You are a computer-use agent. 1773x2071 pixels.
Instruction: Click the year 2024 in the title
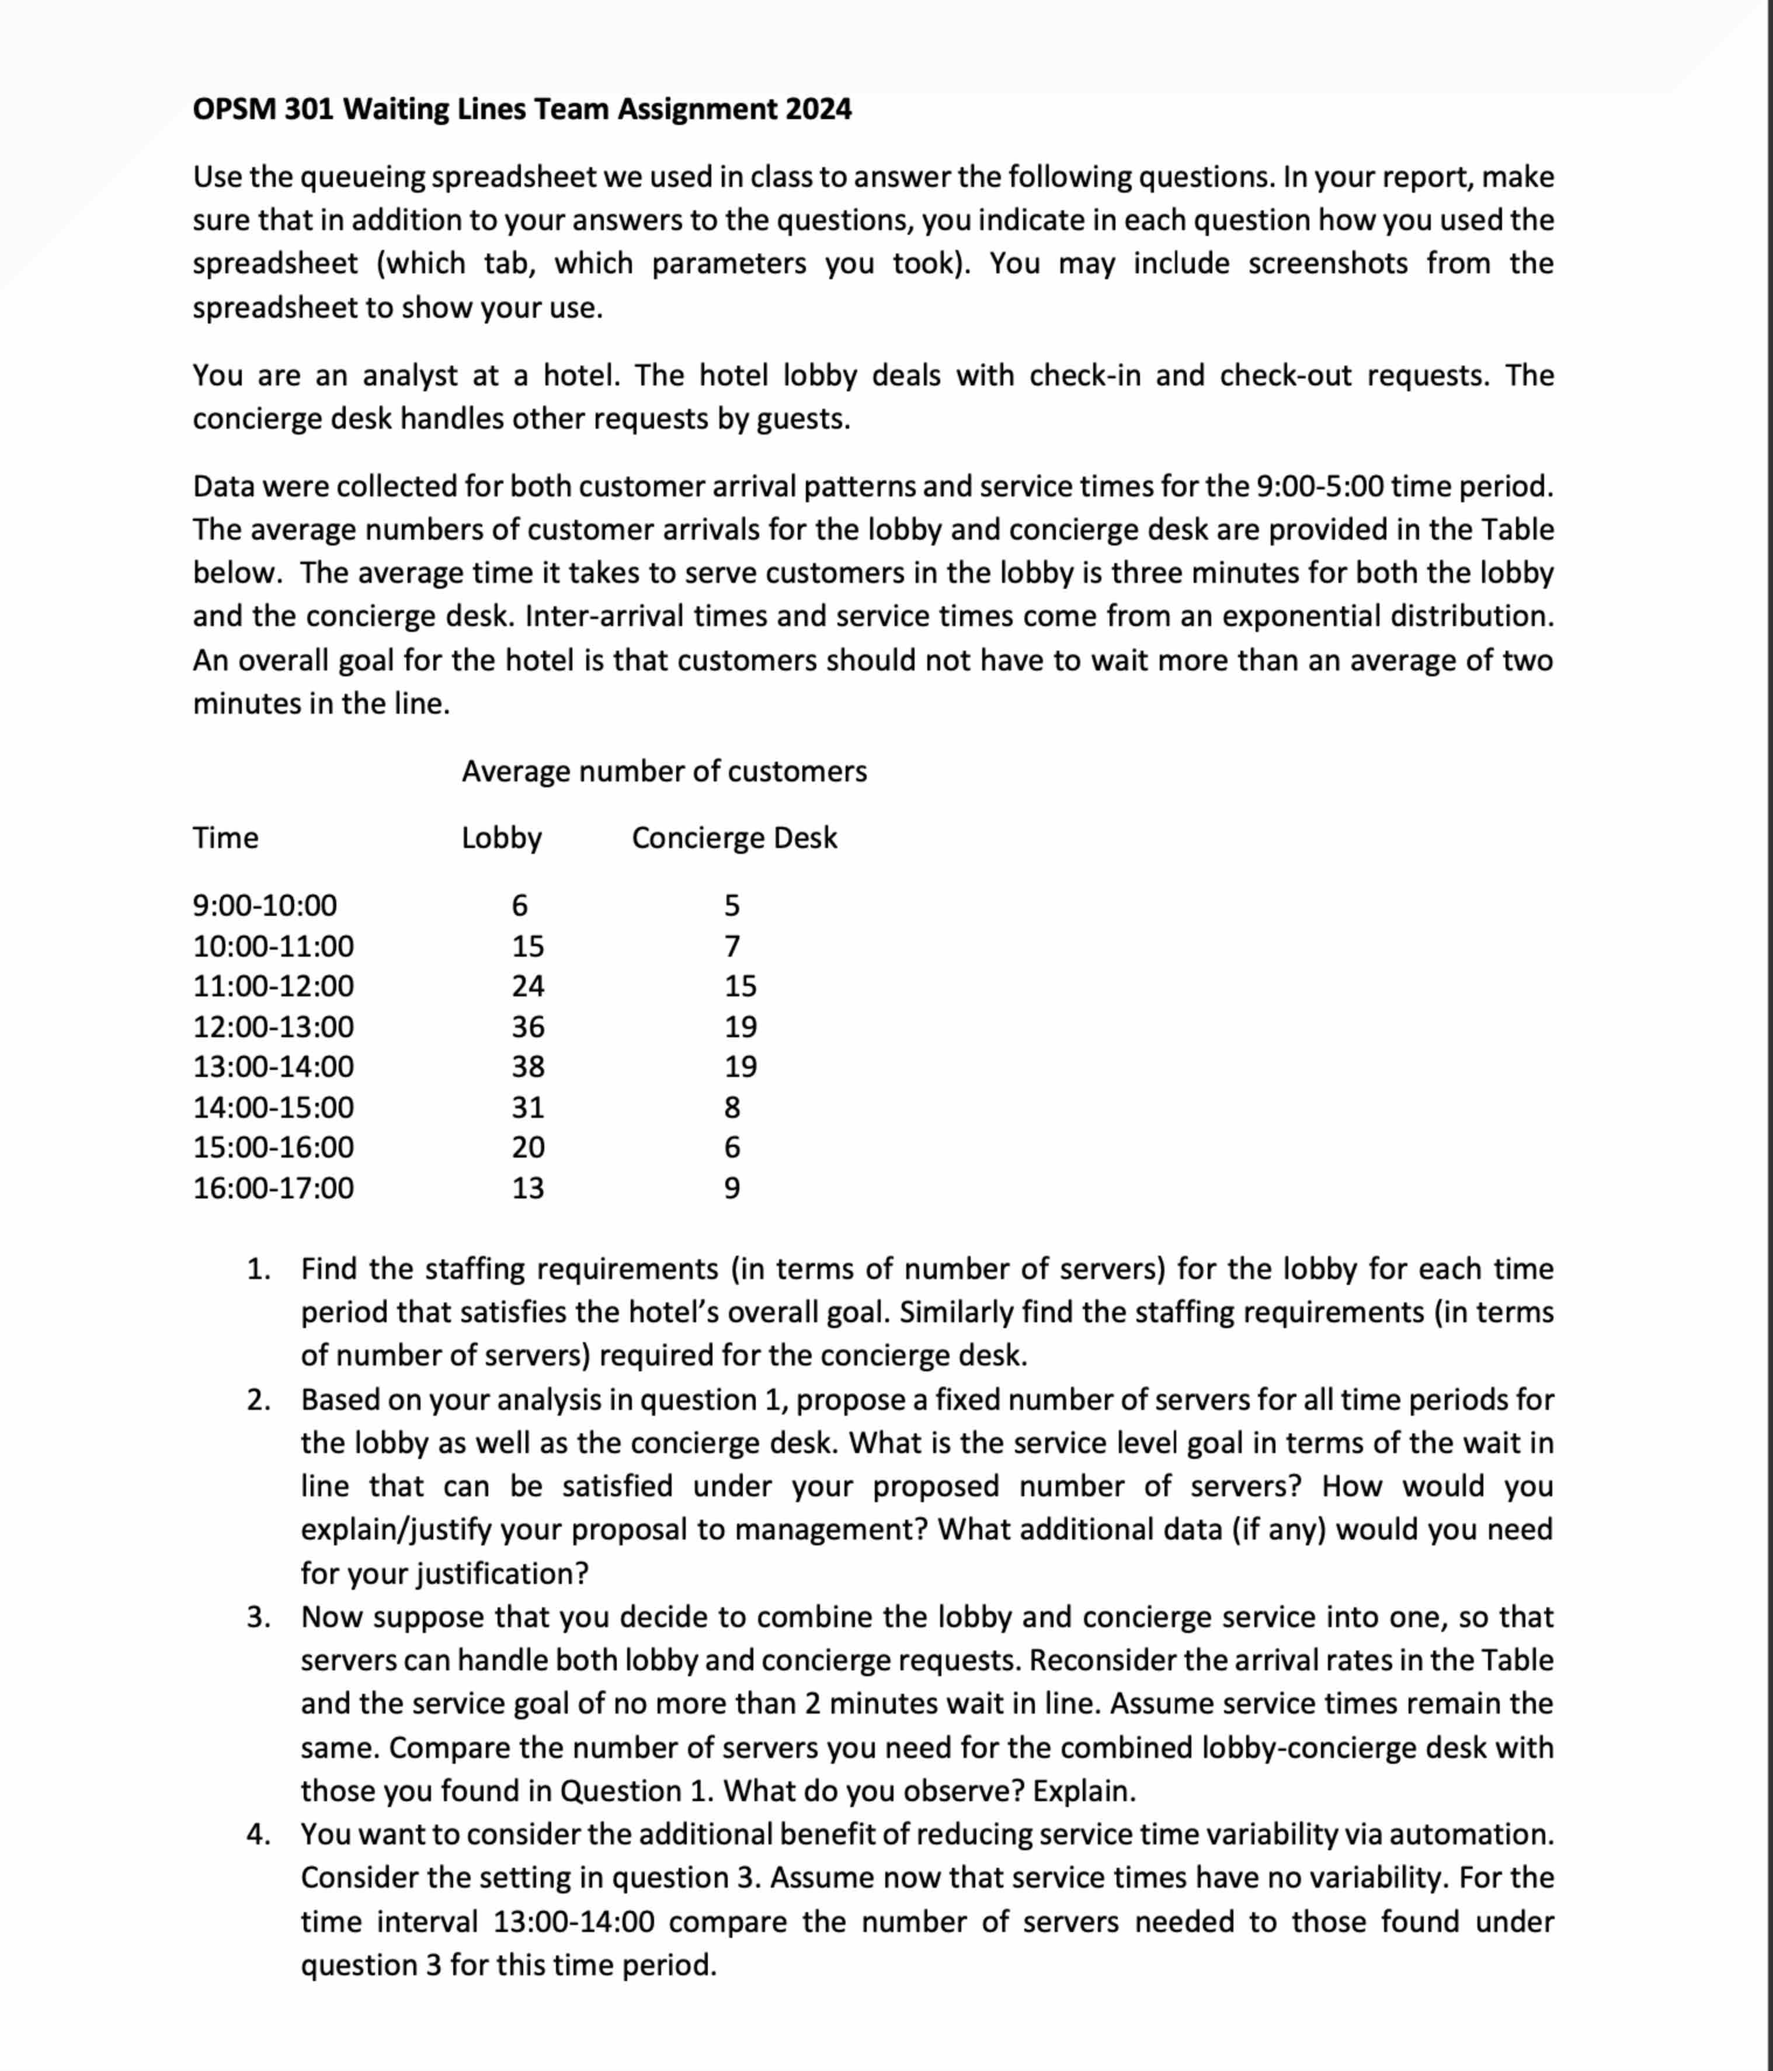818,109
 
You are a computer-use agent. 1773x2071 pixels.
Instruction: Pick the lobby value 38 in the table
528,1066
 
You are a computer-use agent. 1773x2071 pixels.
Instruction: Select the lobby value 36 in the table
528,1027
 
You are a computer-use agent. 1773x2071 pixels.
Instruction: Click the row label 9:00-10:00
265,906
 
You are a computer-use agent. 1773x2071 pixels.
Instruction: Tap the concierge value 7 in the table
732,946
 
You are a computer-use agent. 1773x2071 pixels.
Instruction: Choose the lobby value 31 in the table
528,1107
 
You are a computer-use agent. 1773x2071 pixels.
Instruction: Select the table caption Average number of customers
663,772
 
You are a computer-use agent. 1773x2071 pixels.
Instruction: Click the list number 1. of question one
259,1269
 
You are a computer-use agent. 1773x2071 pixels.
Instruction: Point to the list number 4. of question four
259,1834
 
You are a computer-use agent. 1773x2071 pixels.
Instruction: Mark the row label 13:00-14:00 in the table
273,1066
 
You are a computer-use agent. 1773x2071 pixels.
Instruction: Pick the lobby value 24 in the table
528,986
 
